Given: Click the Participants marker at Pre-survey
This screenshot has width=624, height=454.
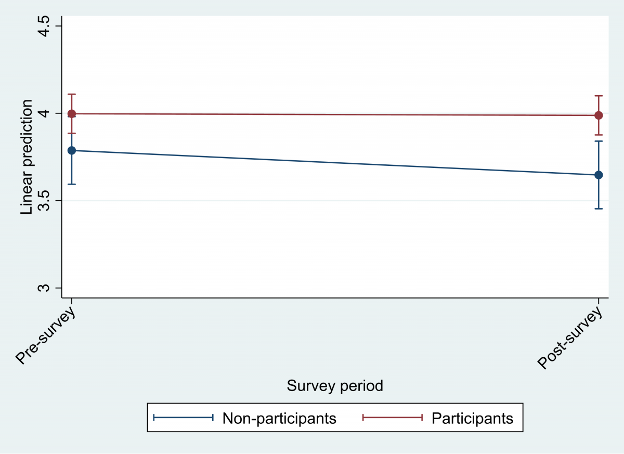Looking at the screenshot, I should [72, 114].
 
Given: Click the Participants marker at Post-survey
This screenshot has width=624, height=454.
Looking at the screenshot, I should [599, 115].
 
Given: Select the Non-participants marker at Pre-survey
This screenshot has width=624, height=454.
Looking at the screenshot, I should [72, 150].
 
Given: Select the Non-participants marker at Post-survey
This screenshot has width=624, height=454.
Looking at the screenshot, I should [599, 175].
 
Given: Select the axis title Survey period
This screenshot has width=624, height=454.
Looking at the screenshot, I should [335, 386].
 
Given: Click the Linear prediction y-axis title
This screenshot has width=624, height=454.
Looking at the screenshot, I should [27, 157].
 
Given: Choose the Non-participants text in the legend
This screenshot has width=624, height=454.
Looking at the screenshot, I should [279, 418].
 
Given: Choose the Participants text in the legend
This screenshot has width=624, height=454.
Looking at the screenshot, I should [472, 418].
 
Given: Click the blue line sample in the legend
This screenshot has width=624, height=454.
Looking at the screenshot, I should [184, 418].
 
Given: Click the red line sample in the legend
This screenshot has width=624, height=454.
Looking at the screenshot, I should [392, 418].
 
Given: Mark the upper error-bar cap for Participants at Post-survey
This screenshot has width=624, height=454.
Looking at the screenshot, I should [599, 96].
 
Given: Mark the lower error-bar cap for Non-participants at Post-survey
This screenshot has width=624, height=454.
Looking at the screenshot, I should [599, 209].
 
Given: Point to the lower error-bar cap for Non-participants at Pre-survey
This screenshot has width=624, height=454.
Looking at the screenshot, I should [72, 184].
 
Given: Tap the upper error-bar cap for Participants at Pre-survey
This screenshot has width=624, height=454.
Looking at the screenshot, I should [72, 94].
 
